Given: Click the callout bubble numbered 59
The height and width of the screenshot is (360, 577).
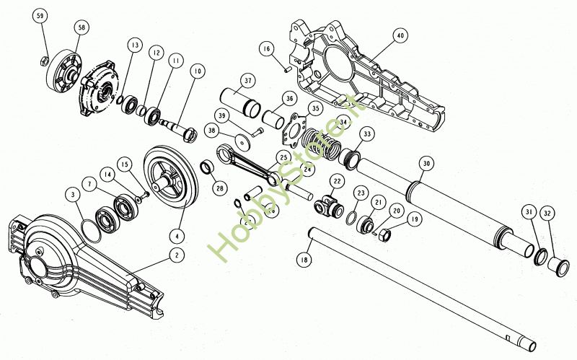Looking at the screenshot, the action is (x=40, y=16).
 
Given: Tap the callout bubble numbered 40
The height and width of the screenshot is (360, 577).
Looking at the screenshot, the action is (x=400, y=35).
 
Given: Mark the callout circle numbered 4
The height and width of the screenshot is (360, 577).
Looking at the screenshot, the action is (x=175, y=235).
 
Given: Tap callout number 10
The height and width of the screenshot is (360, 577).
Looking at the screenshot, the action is (x=197, y=71).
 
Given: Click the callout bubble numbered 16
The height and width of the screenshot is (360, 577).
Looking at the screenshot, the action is (x=267, y=49).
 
